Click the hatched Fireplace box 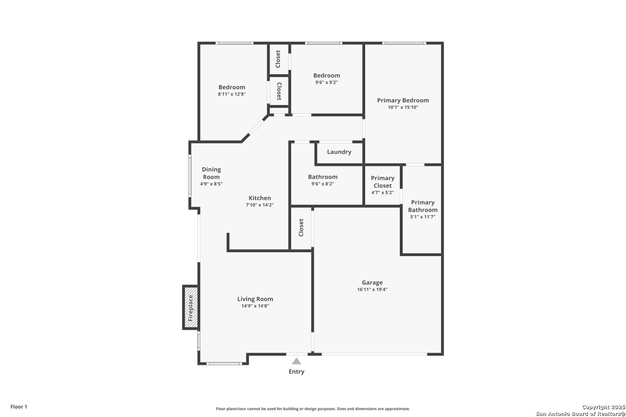coord(191,307)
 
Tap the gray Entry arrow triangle coord(296,361)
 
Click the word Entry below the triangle coord(296,372)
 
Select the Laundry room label coord(339,152)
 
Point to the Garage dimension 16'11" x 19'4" coord(372,289)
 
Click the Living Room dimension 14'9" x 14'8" coord(255,306)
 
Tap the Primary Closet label coord(383,182)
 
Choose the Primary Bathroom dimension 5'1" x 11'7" coord(422,217)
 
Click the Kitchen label coord(260,198)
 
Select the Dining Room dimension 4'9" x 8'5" coord(211,184)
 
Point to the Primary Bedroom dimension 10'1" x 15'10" coord(403,107)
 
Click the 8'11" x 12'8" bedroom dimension coord(232,94)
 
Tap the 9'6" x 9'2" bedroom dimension coord(326,83)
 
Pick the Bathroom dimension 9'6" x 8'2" coord(323,184)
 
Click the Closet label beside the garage coord(301,228)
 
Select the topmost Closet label coord(278,59)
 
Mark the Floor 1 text coord(19,407)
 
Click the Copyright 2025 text coord(603,407)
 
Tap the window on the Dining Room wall coord(189,176)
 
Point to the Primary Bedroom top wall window coord(404,43)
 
